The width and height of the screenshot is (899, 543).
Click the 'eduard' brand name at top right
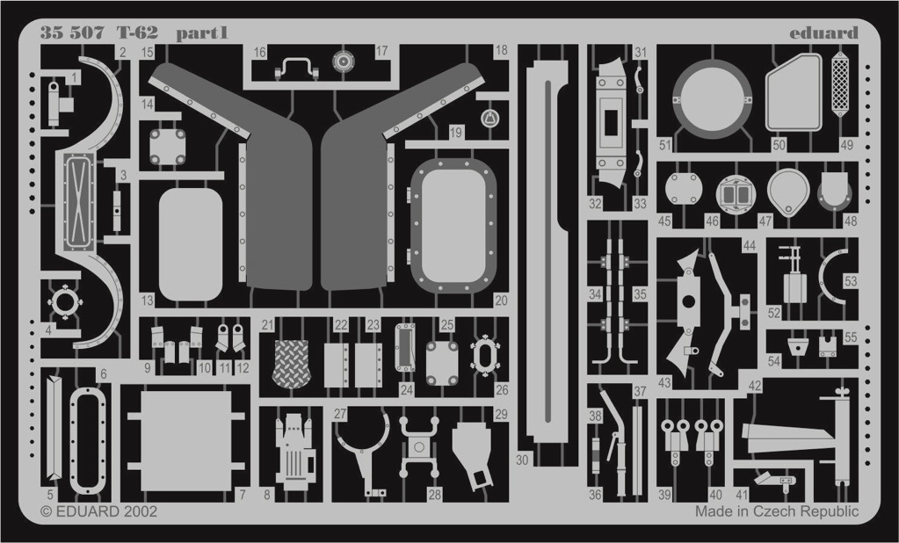(823, 33)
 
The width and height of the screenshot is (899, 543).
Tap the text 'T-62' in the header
(138, 33)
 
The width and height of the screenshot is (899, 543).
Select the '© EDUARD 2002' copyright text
(98, 510)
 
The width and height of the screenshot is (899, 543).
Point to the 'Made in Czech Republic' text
(777, 510)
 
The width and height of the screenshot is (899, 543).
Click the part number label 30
(522, 460)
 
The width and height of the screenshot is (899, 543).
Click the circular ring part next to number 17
(344, 61)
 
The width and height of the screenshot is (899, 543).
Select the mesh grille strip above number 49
(840, 83)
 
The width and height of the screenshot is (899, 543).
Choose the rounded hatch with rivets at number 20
(453, 226)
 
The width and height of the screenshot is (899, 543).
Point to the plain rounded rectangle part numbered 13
(191, 244)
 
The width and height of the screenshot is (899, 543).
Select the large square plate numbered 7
(185, 441)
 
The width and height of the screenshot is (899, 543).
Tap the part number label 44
(749, 246)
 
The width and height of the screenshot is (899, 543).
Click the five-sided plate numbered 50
(794, 92)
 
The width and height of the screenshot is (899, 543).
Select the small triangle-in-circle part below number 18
(489, 119)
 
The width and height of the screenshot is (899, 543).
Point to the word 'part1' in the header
(202, 33)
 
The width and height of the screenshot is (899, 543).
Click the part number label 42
(755, 386)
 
